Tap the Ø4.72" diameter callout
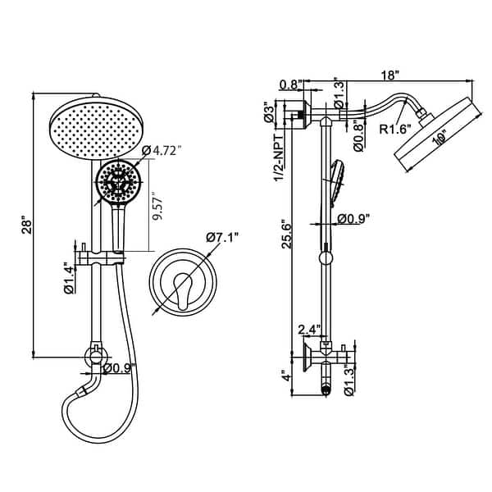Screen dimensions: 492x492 click(x=162, y=150)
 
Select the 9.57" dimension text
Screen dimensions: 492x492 click(x=156, y=212)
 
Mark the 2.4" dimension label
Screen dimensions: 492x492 click(x=308, y=330)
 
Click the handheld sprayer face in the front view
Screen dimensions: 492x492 click(x=117, y=183)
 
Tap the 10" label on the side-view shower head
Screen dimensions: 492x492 click(x=440, y=139)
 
